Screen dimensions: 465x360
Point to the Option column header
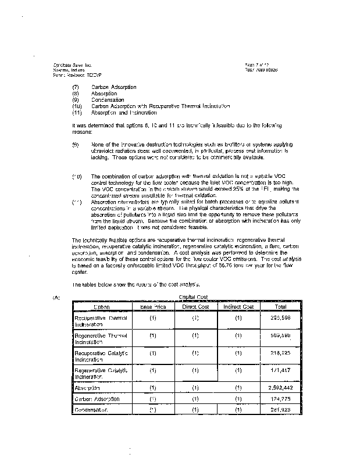click(x=102, y=306)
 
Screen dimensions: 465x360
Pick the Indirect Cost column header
click(x=238, y=306)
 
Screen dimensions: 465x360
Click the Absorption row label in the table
click(x=88, y=387)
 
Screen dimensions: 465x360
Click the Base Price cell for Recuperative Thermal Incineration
click(x=152, y=319)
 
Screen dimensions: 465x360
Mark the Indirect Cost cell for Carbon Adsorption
click(x=238, y=399)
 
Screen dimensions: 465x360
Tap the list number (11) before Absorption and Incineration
click(x=76, y=113)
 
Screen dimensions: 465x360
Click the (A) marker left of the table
click(x=56, y=298)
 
